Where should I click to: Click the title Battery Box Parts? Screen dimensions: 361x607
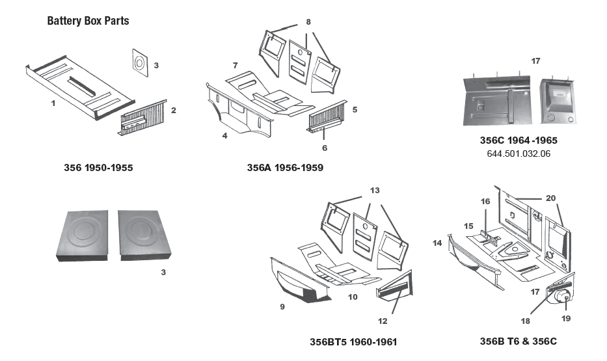pyautogui.click(x=88, y=21)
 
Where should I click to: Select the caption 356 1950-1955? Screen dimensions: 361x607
pyautogui.click(x=98, y=168)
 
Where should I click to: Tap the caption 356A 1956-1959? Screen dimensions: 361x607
pyautogui.click(x=285, y=168)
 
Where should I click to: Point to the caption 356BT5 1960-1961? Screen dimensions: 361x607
pyautogui.click(x=353, y=341)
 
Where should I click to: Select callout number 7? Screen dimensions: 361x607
pyautogui.click(x=235, y=65)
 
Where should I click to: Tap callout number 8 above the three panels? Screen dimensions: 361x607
pyautogui.click(x=308, y=21)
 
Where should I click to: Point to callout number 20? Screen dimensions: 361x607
pyautogui.click(x=550, y=198)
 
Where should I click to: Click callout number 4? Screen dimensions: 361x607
pyautogui.click(x=224, y=137)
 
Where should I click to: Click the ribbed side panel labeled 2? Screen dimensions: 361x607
pyautogui.click(x=142, y=117)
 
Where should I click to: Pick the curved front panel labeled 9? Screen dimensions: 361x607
pyautogui.click(x=296, y=282)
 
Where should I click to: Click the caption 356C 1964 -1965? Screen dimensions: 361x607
pyautogui.click(x=518, y=140)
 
